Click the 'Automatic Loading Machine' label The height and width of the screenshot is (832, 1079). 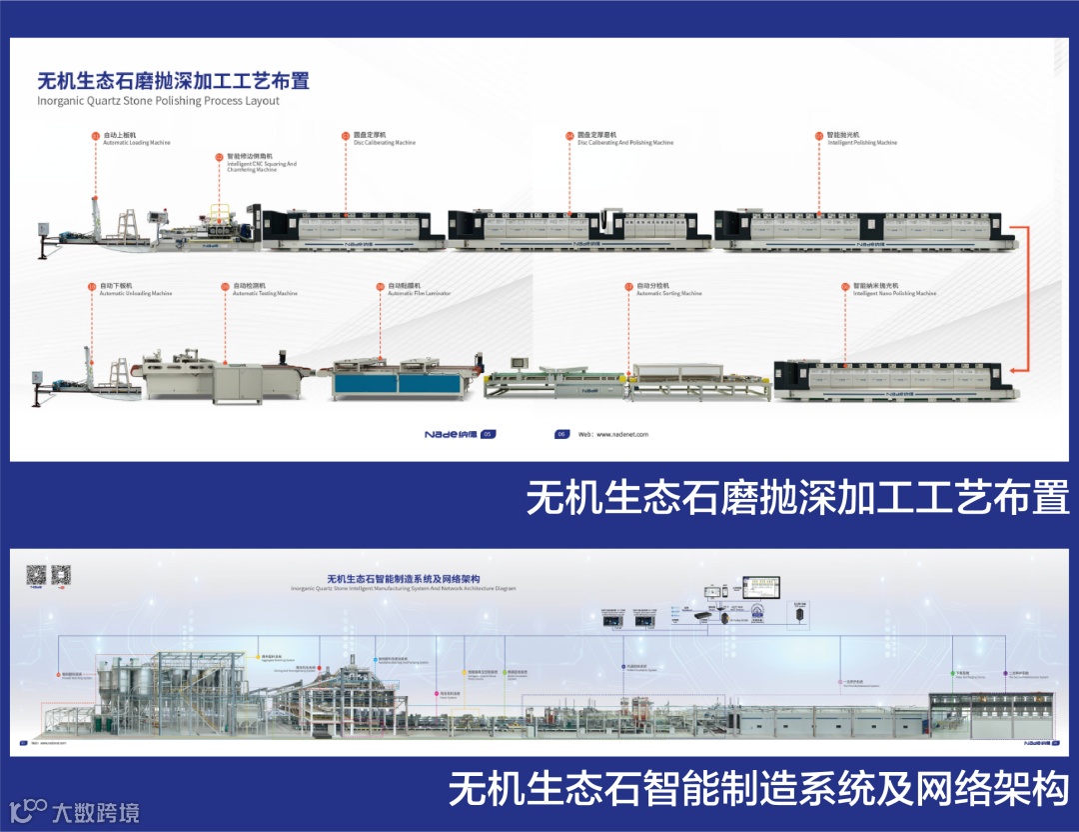tap(136, 142)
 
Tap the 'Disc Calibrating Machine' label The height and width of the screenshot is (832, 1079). tap(383, 142)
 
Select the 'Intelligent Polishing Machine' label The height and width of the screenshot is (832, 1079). tap(862, 142)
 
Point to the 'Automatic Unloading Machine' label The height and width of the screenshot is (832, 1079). tap(136, 293)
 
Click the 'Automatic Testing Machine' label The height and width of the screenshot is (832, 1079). tap(265, 293)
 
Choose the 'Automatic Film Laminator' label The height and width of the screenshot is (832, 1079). tap(419, 293)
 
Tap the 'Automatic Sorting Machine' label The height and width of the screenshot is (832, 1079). tap(668, 293)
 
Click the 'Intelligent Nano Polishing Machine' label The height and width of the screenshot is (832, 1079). tap(894, 293)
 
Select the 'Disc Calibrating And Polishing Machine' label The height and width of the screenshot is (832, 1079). tap(624, 142)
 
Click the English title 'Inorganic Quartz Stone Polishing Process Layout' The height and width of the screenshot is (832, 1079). tap(158, 101)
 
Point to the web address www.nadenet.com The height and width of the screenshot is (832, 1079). tap(615, 435)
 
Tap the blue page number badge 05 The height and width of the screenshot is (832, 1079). tap(488, 434)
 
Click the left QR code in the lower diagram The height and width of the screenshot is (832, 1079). tap(36, 575)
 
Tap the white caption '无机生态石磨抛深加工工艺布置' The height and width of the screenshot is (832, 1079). tap(797, 498)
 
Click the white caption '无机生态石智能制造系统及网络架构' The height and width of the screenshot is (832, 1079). tap(758, 789)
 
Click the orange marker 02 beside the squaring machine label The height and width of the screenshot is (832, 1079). tap(220, 157)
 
